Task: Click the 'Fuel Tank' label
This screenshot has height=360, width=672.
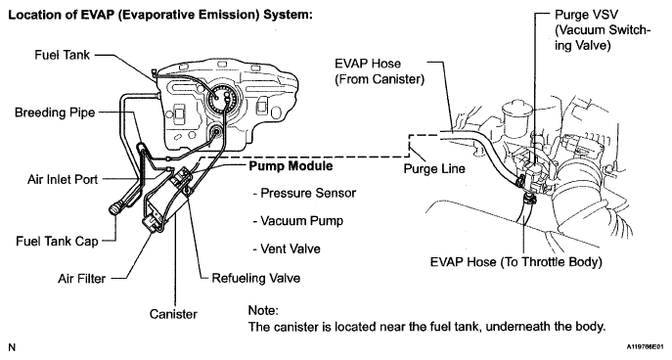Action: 63,55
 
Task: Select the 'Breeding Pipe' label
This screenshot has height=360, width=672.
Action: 55,112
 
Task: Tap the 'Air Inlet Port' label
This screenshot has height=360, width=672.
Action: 63,179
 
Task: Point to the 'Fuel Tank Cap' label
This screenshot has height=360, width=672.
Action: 57,242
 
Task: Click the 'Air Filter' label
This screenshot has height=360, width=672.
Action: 81,279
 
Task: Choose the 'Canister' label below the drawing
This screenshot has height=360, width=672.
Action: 173,314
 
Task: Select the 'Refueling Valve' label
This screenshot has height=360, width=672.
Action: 256,278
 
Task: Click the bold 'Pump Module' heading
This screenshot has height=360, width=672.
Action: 291,166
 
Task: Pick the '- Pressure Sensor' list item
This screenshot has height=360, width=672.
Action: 305,194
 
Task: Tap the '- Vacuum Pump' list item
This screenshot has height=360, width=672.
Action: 298,221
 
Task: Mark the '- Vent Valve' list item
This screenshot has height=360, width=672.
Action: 287,249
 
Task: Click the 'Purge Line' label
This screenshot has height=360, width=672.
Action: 434,169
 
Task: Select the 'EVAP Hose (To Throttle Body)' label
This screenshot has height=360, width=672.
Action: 516,262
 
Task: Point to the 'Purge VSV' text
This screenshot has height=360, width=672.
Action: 586,15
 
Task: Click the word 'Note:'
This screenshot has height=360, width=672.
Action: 263,310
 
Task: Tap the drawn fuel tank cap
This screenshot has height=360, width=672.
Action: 115,209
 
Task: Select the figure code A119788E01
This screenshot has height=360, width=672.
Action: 648,346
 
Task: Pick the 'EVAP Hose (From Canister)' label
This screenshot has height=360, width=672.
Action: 380,71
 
